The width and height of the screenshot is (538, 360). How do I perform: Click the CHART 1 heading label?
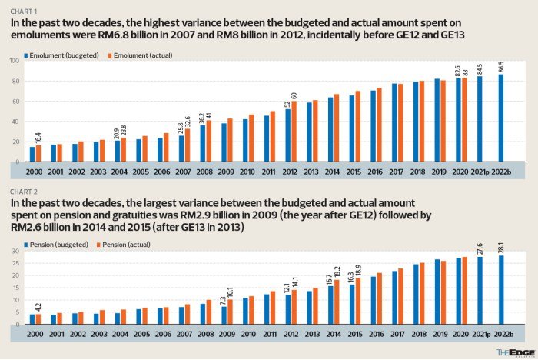point(24,12)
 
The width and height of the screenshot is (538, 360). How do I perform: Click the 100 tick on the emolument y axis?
point(15,60)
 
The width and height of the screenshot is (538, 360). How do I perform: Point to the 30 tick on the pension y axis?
point(16,251)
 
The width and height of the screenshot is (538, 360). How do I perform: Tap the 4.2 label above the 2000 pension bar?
point(38,306)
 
